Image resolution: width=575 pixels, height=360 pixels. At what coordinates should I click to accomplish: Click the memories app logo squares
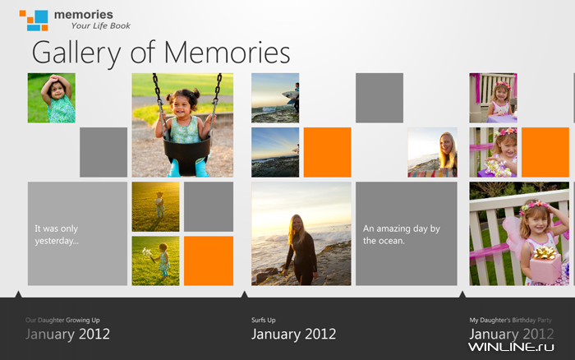34,21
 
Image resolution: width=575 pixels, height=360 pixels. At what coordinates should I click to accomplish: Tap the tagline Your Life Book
101,25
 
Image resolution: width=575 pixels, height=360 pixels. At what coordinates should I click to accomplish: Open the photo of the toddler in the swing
182,125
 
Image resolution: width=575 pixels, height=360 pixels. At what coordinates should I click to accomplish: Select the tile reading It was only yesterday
77,233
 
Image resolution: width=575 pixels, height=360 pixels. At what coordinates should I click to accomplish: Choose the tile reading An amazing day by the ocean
407,233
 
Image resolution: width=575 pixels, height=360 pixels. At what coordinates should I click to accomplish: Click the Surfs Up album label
264,320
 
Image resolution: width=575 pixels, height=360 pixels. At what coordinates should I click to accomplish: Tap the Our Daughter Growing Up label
62,320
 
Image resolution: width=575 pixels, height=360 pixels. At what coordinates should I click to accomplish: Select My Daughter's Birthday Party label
510,320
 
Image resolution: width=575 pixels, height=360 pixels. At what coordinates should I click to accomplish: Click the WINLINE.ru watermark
511,347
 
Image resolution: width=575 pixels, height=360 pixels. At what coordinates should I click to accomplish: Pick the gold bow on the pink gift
545,253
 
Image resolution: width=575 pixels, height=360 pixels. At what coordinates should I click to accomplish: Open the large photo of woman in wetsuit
301,233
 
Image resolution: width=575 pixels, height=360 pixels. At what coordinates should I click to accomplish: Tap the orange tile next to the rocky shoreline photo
328,152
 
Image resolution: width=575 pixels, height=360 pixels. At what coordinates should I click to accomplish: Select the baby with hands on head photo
52,98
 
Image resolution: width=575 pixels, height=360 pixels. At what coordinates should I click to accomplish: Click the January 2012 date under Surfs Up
294,334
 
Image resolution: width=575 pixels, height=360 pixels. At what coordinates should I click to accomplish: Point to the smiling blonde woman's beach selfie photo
432,152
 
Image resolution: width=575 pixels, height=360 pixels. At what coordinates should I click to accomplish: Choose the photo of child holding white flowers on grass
156,261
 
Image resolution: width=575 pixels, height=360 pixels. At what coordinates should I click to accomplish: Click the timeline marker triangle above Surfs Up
245,294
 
